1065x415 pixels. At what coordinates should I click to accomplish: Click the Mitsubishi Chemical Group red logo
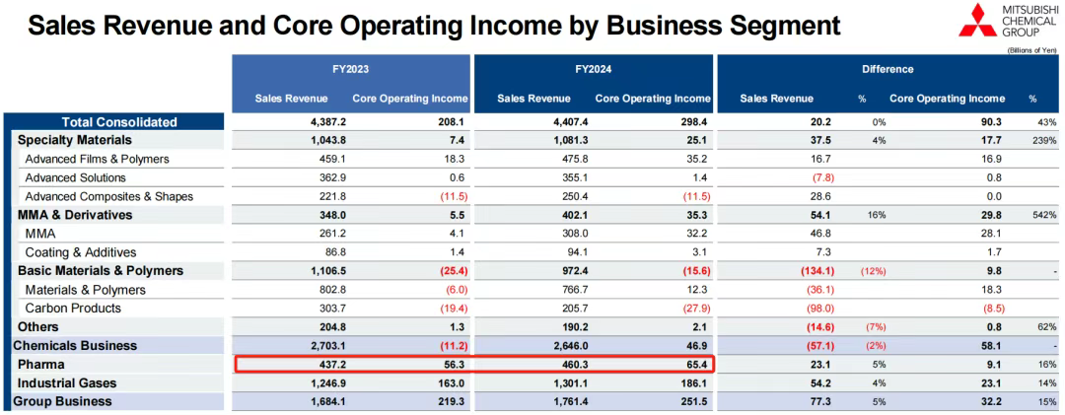(977, 21)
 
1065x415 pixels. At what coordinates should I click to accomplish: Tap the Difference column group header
(887, 69)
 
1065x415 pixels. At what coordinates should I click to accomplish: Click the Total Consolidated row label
(119, 122)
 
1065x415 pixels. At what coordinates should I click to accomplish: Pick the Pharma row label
(40, 365)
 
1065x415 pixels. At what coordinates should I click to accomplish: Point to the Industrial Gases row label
(66, 383)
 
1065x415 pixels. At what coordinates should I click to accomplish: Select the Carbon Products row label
(73, 309)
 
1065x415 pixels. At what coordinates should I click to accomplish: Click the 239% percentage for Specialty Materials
(1044, 141)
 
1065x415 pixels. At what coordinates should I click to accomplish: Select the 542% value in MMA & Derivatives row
(1044, 216)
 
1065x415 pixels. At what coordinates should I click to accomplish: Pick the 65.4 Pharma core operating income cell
(692, 365)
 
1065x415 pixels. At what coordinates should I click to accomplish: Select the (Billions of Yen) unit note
(1029, 49)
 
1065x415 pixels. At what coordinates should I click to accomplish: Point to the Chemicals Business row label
(75, 346)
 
